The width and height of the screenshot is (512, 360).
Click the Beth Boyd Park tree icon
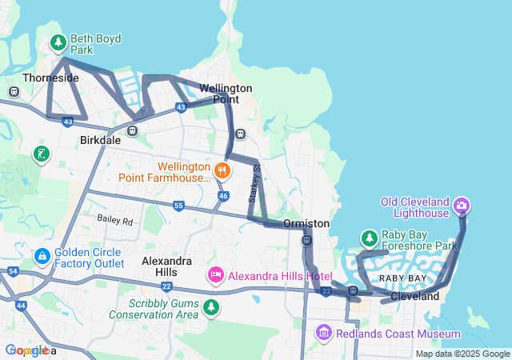point(58,41)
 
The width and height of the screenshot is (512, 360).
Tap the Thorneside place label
point(51,78)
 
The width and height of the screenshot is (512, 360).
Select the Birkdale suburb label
point(100,139)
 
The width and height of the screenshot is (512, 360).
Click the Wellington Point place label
point(226,93)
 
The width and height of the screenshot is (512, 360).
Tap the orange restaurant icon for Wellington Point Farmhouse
point(222,170)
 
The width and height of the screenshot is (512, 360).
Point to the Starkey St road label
point(256,183)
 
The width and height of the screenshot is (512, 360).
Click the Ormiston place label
point(306,223)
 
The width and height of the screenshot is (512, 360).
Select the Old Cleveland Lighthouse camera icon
point(461,207)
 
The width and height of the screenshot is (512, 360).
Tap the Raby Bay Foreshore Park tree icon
point(369,238)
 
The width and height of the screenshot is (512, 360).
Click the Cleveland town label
point(414,296)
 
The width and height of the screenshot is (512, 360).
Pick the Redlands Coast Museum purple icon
point(323,332)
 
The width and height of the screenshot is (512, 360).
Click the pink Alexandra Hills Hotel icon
point(215,276)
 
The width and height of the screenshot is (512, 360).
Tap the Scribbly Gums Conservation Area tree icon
point(210,307)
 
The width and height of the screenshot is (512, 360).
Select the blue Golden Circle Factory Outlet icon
point(42,256)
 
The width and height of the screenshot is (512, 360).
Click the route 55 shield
point(178,206)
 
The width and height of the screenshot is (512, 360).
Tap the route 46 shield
point(223,195)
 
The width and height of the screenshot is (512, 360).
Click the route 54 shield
point(12,272)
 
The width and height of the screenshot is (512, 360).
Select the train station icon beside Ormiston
point(306,240)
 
